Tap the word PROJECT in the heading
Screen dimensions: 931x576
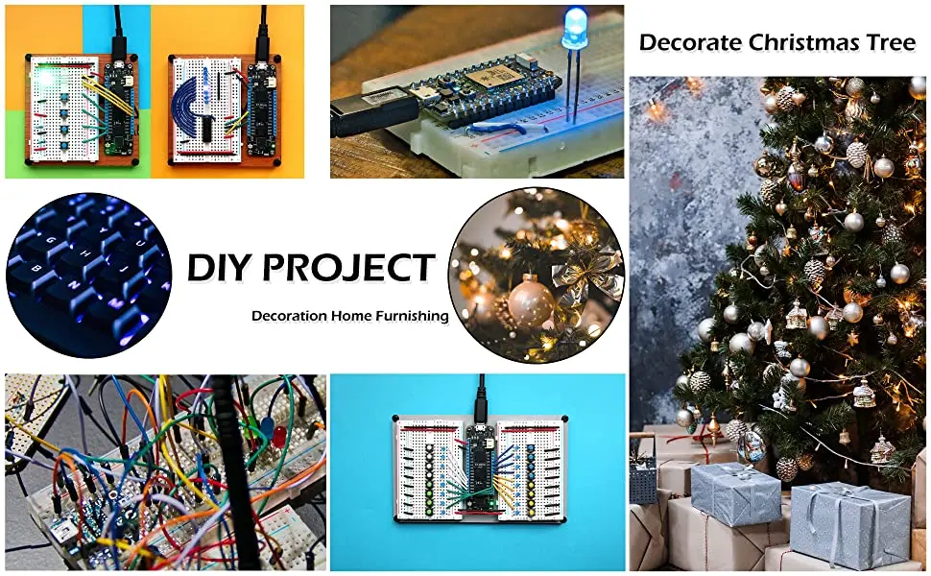point(349,267)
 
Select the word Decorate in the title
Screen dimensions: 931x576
point(690,43)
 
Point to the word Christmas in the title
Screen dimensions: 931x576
point(804,43)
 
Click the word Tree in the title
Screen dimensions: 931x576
point(891,43)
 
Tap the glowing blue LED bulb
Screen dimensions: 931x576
point(574,30)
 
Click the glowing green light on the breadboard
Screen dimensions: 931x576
point(44,78)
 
